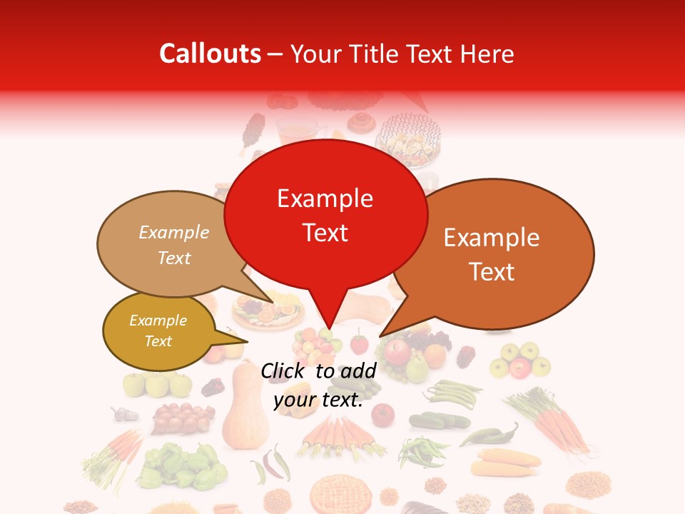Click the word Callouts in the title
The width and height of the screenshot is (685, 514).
[210, 54]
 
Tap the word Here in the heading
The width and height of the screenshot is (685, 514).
[485, 54]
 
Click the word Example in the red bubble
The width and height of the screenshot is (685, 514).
[325, 198]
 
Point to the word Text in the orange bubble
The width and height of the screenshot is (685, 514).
[492, 272]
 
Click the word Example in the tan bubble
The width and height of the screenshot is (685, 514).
[173, 233]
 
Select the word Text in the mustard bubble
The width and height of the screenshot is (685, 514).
[158, 341]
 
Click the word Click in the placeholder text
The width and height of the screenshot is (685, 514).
[285, 371]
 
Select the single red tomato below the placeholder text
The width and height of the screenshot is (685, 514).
[382, 414]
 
